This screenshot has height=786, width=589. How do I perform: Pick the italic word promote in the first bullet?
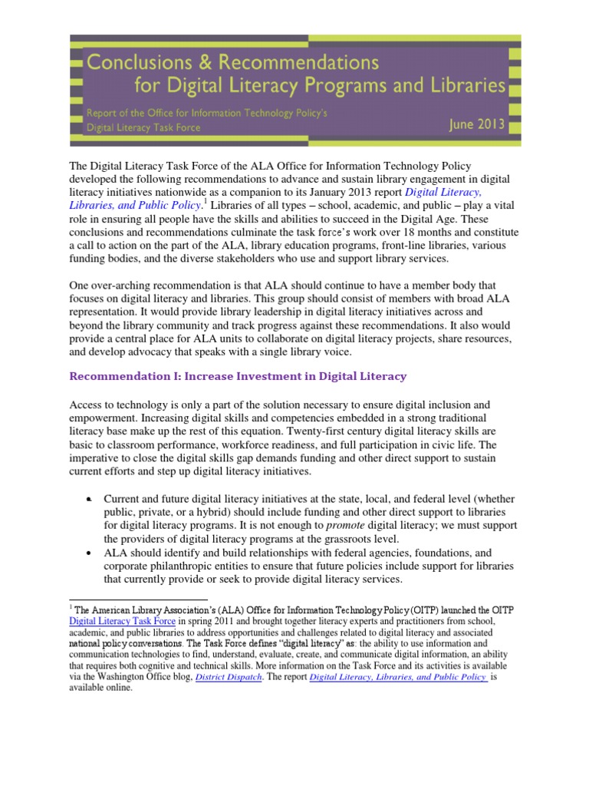[347, 525]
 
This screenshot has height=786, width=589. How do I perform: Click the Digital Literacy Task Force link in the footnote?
[123, 619]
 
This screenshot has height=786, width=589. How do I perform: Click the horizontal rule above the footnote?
[138, 599]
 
